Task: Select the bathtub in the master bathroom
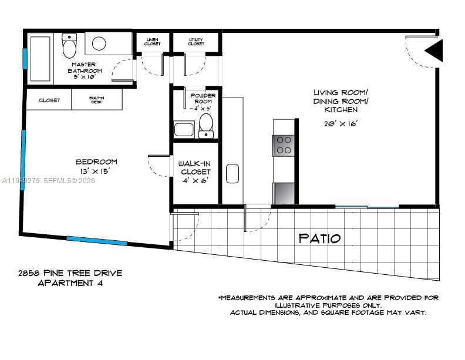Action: (x=40, y=59)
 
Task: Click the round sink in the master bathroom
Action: (x=99, y=43)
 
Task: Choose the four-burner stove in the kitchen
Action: (x=284, y=145)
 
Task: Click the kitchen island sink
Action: (x=232, y=174)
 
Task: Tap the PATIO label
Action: (x=319, y=238)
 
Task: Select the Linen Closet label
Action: (x=152, y=42)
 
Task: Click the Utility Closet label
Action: (x=196, y=42)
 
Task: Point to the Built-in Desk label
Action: (x=97, y=100)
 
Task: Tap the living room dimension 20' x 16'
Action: (x=341, y=123)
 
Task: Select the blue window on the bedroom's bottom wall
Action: (x=96, y=240)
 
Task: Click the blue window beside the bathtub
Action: (x=25, y=59)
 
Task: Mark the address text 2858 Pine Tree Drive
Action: (x=70, y=273)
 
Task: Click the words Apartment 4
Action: (x=71, y=283)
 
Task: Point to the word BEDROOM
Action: (x=96, y=162)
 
